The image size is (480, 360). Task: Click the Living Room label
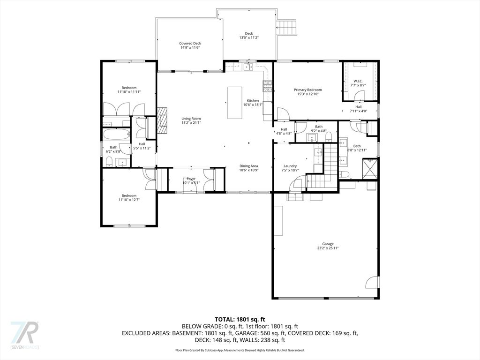[191, 119]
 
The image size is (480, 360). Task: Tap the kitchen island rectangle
[234, 103]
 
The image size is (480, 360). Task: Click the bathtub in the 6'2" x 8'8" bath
[116, 135]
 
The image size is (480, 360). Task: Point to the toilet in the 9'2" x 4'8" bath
[329, 137]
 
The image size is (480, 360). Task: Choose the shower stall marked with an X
[371, 169]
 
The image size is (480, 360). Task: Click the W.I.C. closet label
[358, 81]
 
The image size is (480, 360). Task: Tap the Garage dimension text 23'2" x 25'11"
[328, 248]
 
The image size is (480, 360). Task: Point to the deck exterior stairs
[287, 28]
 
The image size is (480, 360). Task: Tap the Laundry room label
[290, 166]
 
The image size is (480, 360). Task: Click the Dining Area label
[248, 166]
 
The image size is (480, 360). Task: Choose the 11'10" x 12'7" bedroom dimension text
[129, 200]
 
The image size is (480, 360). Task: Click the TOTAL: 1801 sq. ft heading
[240, 319]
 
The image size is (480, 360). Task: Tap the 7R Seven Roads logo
[24, 334]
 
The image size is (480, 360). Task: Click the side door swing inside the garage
[372, 282]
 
